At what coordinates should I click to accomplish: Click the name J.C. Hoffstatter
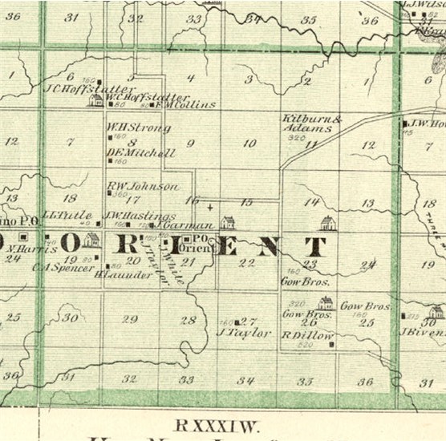pyautogui.click(x=74, y=88)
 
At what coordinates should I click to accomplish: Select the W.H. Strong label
pyautogui.click(x=138, y=127)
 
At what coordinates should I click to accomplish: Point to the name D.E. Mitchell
pyautogui.click(x=140, y=152)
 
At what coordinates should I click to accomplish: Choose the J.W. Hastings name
pyautogui.click(x=128, y=216)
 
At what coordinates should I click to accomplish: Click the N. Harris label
pyautogui.click(x=47, y=249)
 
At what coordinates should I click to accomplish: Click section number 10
pyautogui.click(x=249, y=144)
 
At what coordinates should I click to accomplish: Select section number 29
pyautogui.click(x=130, y=318)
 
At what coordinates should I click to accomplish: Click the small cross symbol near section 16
pyautogui.click(x=210, y=207)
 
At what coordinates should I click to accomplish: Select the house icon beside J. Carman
pyautogui.click(x=228, y=222)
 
